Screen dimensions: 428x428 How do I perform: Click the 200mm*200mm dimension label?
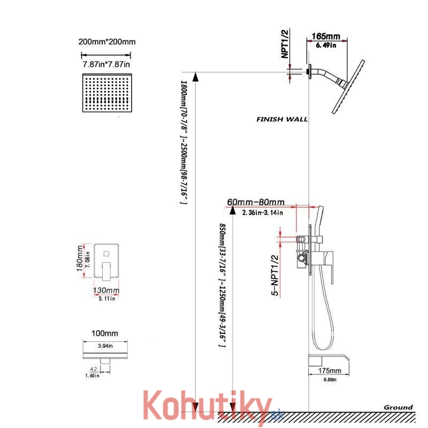pyautogui.click(x=107, y=42)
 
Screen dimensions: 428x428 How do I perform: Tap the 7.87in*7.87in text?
pyautogui.click(x=106, y=64)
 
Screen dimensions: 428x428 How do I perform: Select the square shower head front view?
pyautogui.click(x=107, y=93)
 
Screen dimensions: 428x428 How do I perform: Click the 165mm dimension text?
pyautogui.click(x=326, y=36)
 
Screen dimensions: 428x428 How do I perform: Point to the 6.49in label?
pyautogui.click(x=326, y=45)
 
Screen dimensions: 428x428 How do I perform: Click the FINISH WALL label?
pyautogui.click(x=282, y=119)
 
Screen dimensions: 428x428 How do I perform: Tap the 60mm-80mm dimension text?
pyautogui.click(x=256, y=202)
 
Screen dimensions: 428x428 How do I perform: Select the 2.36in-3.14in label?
pyautogui.click(x=262, y=212)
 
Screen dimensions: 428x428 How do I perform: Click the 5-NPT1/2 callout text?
pyautogui.click(x=275, y=275)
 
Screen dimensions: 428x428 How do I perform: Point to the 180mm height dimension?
pyautogui.click(x=80, y=258)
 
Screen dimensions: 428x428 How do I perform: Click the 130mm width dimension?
pyautogui.click(x=106, y=290)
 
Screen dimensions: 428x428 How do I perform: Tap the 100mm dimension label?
pyautogui.click(x=105, y=333)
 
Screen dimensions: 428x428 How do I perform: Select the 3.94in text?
pyautogui.click(x=105, y=346)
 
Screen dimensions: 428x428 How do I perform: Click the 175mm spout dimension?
pyautogui.click(x=330, y=370)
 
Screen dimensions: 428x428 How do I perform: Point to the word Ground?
pyautogui.click(x=398, y=407)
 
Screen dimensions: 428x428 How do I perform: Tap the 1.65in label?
pyautogui.click(x=92, y=376)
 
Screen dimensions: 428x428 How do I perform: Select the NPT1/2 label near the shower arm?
pyautogui.click(x=285, y=44)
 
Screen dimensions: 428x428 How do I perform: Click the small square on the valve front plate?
pyautogui.click(x=106, y=254)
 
